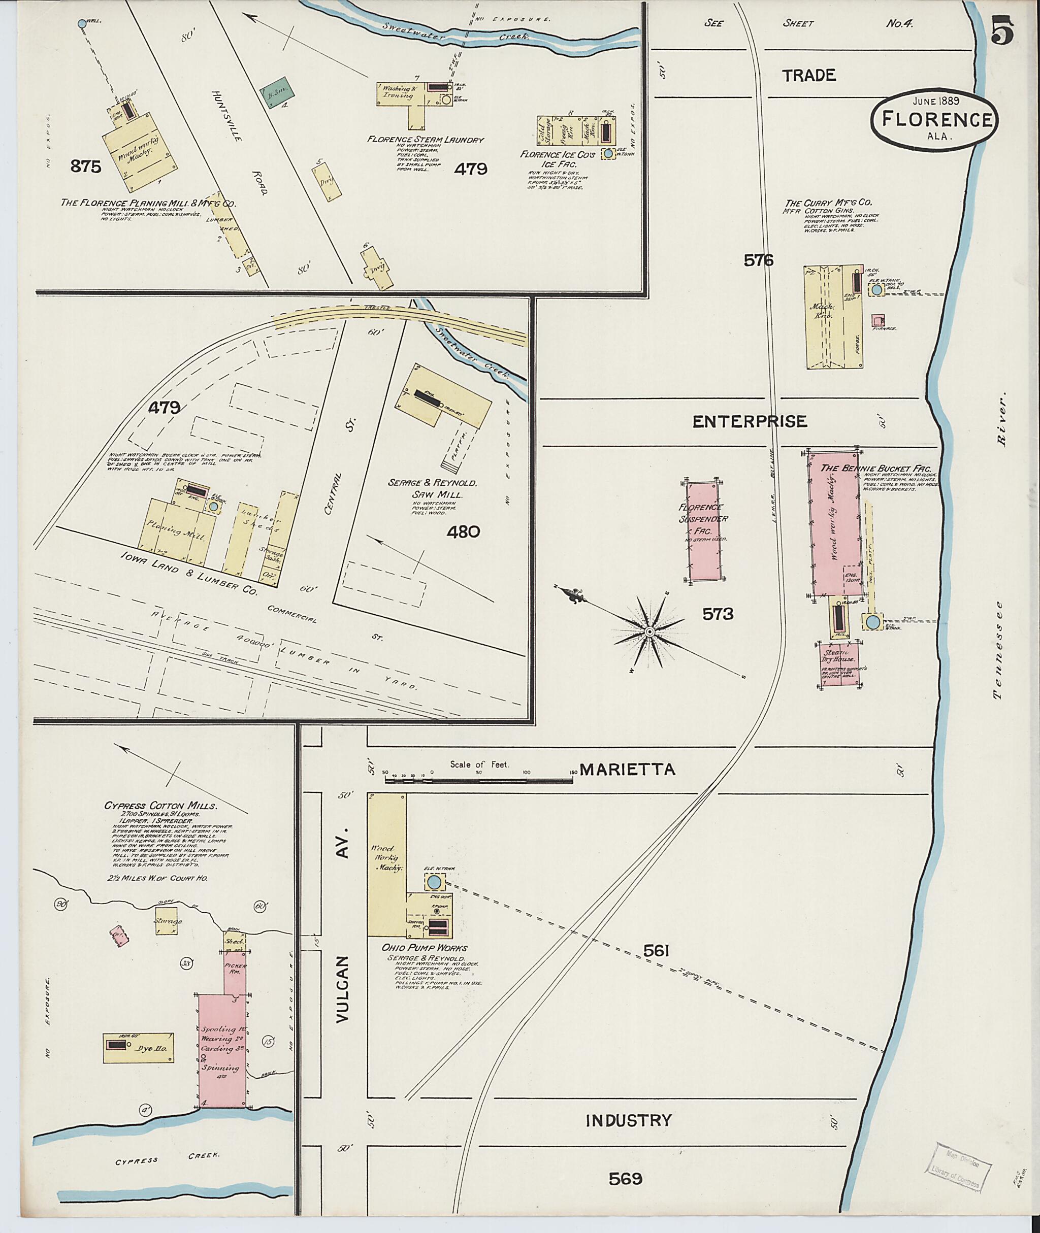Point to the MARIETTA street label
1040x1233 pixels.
627,769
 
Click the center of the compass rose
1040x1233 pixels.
648,632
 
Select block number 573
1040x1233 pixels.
718,614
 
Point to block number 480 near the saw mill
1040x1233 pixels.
463,532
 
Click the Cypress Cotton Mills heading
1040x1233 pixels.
160,805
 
